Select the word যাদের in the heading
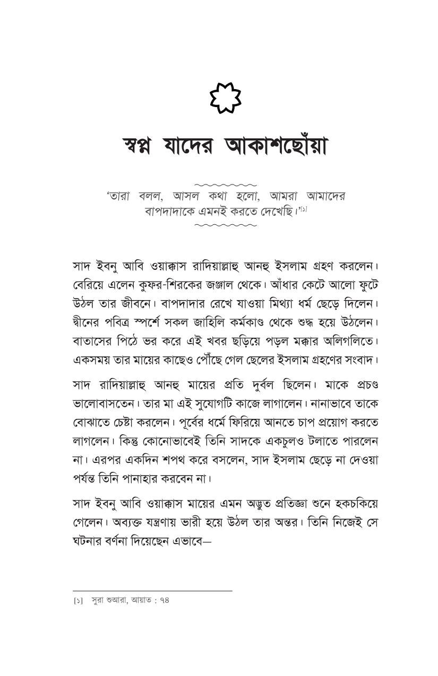192,146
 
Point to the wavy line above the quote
226,185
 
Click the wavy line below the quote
226,225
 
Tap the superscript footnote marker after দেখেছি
303,208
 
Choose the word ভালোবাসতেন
102,403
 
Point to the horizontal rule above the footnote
152,591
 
